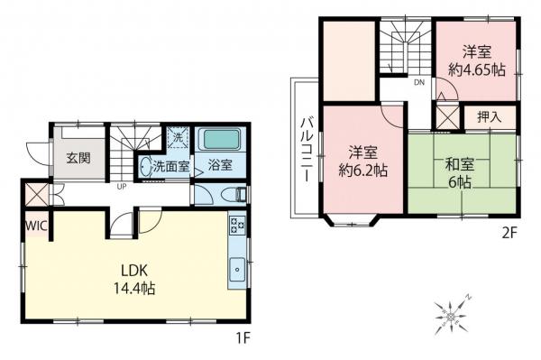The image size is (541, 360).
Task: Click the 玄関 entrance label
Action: (x=78, y=158)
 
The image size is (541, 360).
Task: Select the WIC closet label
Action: (x=36, y=226)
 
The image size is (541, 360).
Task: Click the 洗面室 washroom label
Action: (x=170, y=166)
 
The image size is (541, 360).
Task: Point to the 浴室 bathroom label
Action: (x=220, y=166)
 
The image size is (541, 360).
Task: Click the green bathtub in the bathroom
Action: (x=220, y=142)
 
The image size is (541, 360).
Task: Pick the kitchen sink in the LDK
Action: (x=237, y=267)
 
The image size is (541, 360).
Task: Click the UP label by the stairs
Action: (x=120, y=187)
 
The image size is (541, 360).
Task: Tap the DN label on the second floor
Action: (x=418, y=83)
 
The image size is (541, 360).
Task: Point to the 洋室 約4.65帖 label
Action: (x=476, y=60)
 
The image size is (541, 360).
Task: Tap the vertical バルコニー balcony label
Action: (x=307, y=149)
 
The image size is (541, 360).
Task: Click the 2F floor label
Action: (x=510, y=233)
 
